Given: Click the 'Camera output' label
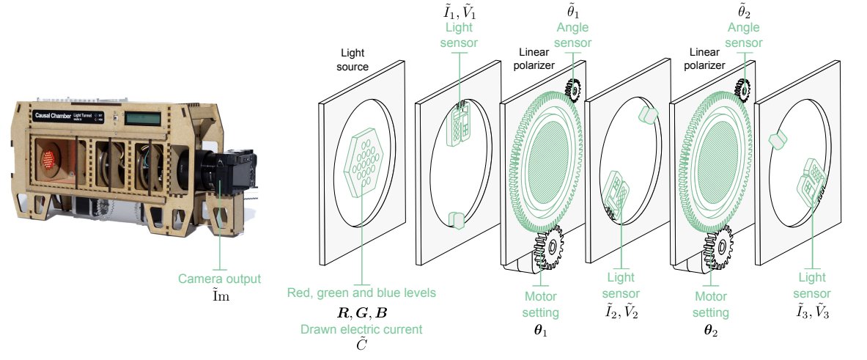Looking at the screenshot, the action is [220, 279].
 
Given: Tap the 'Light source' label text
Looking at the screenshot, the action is [353, 59].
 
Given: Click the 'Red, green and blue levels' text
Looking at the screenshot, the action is [361, 293].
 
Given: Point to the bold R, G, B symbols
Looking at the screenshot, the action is [361, 312].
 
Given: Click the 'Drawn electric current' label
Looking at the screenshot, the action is [361, 330].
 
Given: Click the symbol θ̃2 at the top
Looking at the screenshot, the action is [744, 10].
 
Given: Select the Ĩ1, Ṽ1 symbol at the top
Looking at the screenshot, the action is [459, 10].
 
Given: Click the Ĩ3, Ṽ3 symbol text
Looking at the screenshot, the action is [813, 312].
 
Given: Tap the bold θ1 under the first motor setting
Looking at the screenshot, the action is [540, 332].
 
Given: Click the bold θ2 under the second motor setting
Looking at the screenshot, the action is [711, 332].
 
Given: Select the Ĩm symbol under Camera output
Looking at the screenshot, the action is [220, 296].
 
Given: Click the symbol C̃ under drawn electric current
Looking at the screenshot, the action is [361, 345].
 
